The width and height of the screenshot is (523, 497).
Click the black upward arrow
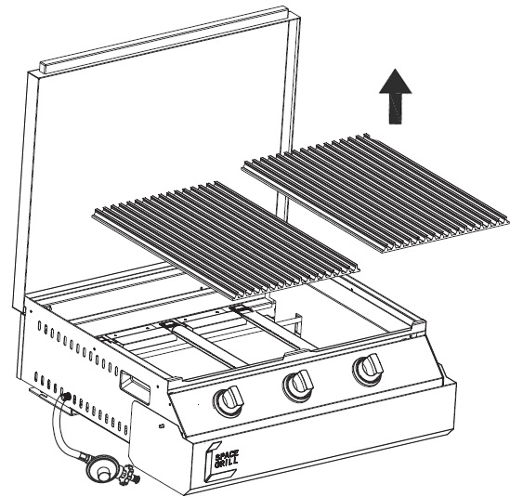(x=396, y=97)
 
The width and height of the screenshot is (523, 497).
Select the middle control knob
(x=298, y=385)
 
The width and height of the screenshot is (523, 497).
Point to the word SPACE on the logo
(x=228, y=455)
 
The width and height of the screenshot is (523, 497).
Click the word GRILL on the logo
(x=227, y=463)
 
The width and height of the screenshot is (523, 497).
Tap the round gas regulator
(x=101, y=468)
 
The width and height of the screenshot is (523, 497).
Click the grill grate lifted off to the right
(x=375, y=193)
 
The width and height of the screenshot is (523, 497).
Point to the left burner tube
(x=203, y=344)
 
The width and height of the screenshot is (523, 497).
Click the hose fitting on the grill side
(x=65, y=396)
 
